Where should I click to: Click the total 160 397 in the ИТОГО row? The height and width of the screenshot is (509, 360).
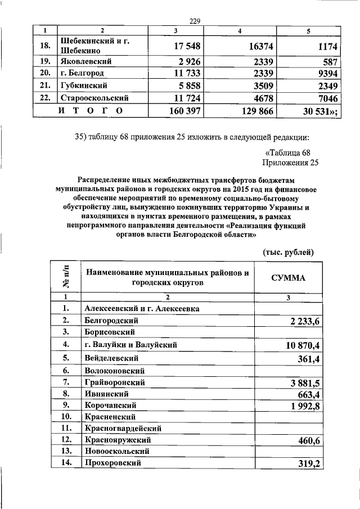click(x=185, y=111)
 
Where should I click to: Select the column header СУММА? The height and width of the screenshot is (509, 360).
click(x=288, y=278)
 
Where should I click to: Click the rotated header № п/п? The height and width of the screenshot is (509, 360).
click(x=66, y=277)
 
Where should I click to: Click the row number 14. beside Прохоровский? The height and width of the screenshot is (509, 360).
click(x=66, y=463)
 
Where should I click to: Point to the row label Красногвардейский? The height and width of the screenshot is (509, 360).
click(x=123, y=429)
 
